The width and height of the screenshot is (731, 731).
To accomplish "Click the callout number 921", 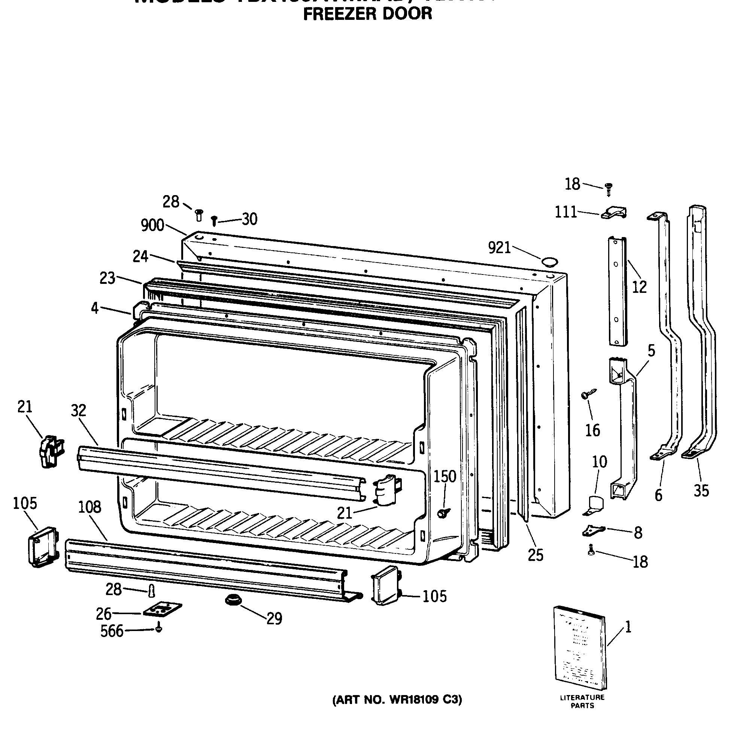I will coord(499,248).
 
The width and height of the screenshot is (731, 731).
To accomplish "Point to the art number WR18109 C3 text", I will coord(397,700).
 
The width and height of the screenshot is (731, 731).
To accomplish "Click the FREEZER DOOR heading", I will coord(367,13).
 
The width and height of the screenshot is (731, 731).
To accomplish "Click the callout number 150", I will coord(445,476).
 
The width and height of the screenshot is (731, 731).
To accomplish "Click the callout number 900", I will coord(152,225).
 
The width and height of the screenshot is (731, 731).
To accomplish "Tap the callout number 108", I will coord(90,507).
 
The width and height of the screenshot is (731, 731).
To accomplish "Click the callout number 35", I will coord(701,491).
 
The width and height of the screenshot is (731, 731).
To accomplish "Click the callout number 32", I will coord(78,410).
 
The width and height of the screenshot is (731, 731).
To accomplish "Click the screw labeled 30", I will coord(214,220).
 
